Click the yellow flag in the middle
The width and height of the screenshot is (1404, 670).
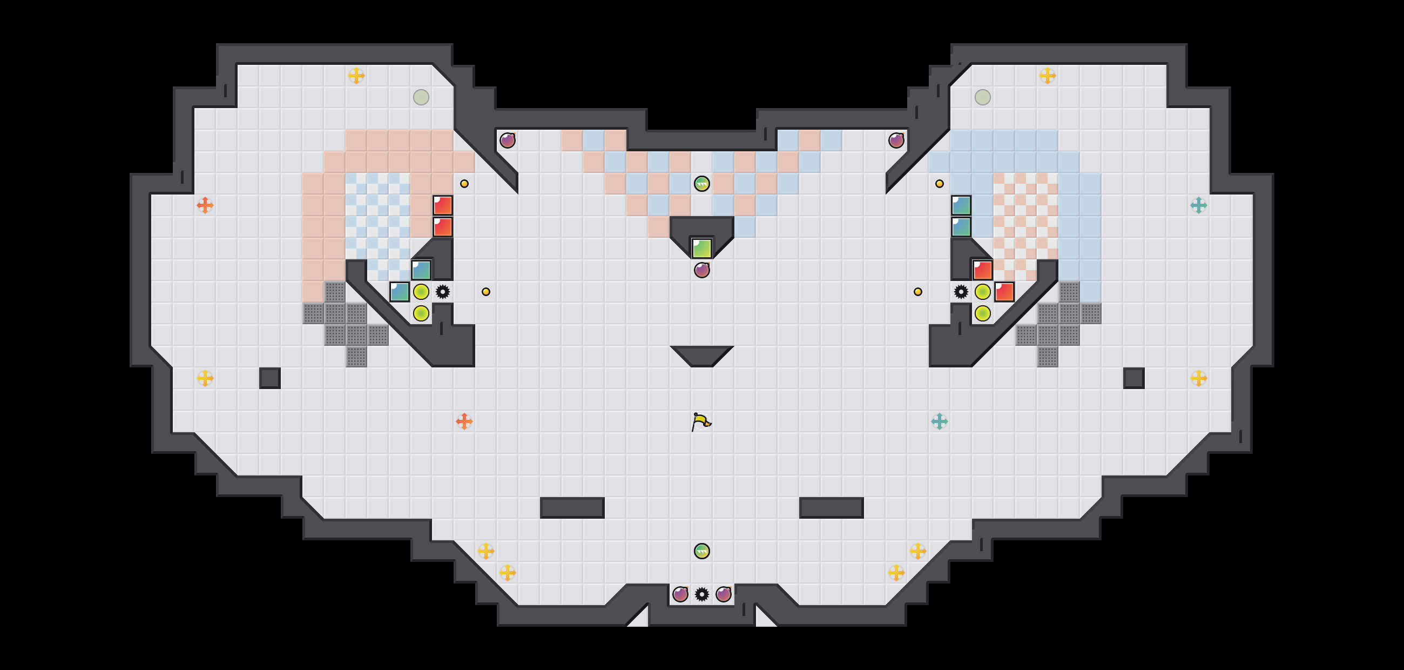(701, 421)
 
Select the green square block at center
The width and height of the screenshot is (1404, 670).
(701, 249)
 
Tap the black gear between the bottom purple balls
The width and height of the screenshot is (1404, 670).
(701, 594)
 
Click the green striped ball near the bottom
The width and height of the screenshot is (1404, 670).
(701, 551)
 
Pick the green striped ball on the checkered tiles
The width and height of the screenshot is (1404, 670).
(701, 184)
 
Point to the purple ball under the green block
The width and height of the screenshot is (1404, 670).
(701, 270)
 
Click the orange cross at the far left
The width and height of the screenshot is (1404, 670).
(205, 205)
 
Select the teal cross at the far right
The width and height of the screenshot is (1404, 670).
(1198, 205)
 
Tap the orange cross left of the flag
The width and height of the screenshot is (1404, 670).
(464, 421)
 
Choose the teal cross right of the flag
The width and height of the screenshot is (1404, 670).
(939, 421)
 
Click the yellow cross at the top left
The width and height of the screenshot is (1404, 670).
(356, 75)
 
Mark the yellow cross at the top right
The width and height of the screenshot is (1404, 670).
(1047, 75)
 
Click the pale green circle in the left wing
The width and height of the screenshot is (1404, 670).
(421, 97)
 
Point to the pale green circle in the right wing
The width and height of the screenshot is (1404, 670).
(982, 97)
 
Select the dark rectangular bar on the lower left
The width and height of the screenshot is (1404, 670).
(572, 507)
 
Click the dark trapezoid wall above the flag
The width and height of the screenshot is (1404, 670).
(701, 354)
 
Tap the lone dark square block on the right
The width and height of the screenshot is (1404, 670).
(1133, 378)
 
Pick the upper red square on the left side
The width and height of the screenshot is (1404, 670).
(443, 205)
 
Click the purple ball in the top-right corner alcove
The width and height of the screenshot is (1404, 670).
(896, 140)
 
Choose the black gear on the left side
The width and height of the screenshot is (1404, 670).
(443, 292)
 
